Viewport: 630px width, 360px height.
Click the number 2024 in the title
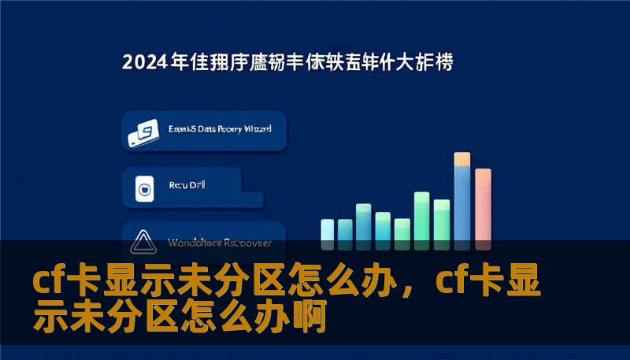144,63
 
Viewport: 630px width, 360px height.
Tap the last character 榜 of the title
444,63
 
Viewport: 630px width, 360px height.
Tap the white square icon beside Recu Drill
143,188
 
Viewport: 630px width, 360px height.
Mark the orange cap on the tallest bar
462,159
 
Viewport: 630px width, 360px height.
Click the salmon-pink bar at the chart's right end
483,206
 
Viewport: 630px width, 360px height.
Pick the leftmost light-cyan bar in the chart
328,229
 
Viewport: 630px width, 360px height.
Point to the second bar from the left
345,229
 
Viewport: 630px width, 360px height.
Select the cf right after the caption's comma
452,282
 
